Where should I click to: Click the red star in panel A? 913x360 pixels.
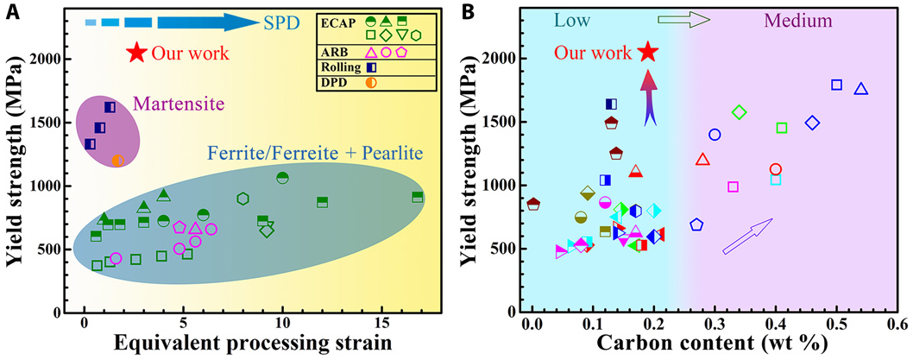click(x=135, y=53)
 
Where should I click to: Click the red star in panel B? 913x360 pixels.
click(x=647, y=53)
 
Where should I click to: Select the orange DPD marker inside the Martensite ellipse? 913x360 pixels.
click(x=118, y=161)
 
